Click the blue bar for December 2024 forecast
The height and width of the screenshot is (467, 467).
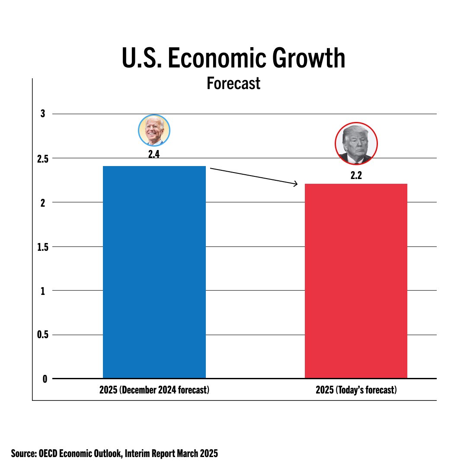coord(154,272)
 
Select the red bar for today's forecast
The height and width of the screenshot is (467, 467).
coord(356,281)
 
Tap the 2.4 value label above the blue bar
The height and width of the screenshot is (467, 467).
coord(154,154)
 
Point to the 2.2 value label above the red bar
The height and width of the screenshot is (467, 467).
coord(356,176)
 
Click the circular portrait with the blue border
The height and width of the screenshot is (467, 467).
coord(154,131)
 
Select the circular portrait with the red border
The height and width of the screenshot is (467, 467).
coord(356,144)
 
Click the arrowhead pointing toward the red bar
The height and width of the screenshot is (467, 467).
coord(296,184)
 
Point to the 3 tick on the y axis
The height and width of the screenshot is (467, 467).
coord(43,114)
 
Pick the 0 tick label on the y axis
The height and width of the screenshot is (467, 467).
coord(45,379)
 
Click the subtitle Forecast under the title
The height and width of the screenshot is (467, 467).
coord(233,83)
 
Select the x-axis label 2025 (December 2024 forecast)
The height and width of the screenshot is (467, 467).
coord(154,390)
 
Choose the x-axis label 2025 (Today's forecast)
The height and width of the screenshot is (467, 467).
coord(356,390)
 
